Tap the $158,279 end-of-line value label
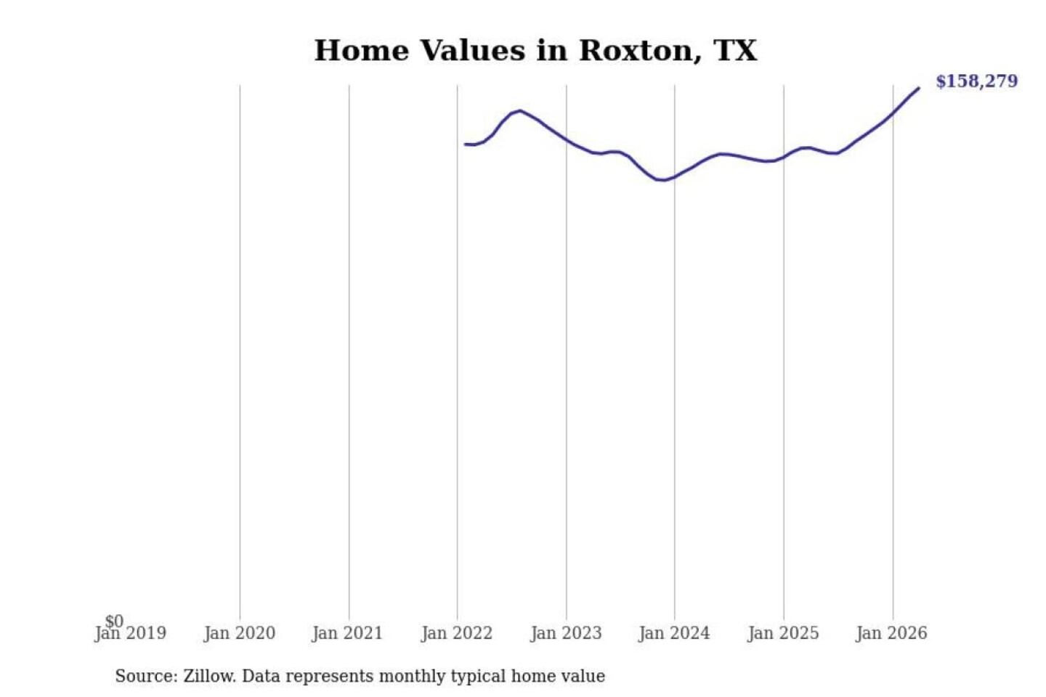click(x=977, y=81)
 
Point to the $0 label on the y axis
click(x=114, y=621)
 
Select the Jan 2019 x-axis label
click(x=130, y=634)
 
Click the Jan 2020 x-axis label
click(x=240, y=634)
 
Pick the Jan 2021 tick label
click(x=348, y=634)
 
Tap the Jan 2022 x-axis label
click(x=457, y=634)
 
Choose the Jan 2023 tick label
click(x=566, y=634)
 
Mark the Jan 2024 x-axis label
click(x=674, y=634)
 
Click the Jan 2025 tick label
click(x=784, y=634)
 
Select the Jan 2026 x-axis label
click(x=892, y=634)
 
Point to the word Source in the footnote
click(x=146, y=676)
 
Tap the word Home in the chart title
click(x=362, y=50)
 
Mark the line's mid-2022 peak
click(x=519, y=110)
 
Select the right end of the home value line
click(x=918, y=89)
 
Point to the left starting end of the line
click(x=465, y=144)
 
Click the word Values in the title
click(x=473, y=50)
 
